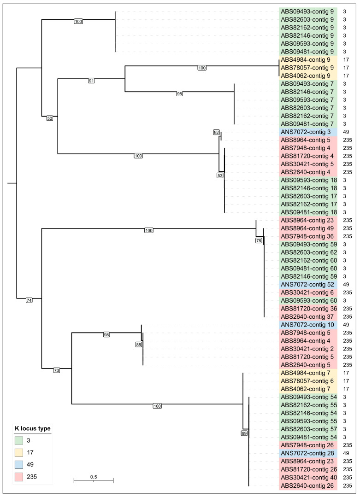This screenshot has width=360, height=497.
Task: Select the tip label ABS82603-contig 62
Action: (308, 252)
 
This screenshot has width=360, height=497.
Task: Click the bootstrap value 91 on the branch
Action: (92, 81)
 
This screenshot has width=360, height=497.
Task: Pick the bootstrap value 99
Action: (244, 433)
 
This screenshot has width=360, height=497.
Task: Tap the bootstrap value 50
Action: (50, 117)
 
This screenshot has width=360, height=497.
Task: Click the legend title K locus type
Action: (31, 428)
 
